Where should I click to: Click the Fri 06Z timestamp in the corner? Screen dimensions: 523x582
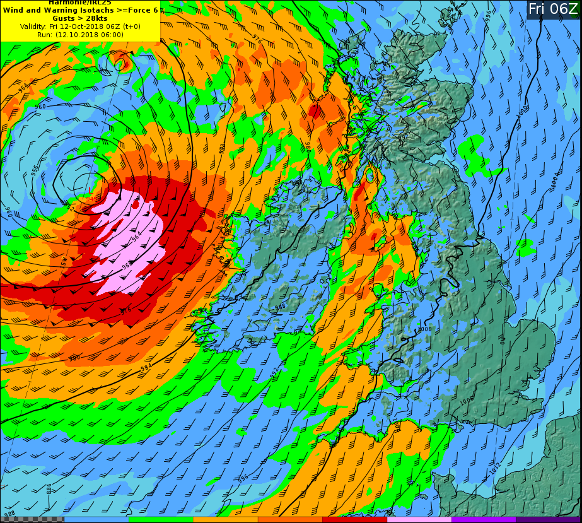pos(552,9)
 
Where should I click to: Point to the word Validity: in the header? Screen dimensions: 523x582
pos(33,26)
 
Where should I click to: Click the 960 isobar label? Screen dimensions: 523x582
pos(40,107)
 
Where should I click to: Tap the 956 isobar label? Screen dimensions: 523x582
pos(34,170)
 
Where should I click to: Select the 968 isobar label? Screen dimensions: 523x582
pos(126,266)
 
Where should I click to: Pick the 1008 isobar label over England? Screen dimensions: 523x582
pos(466,401)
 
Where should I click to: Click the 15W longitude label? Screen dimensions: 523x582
pos(64,260)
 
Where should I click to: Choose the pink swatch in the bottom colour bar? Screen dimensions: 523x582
pos(419,520)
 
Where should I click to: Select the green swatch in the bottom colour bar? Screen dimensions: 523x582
pos(161,520)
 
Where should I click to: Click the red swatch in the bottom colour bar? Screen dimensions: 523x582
pos(354,520)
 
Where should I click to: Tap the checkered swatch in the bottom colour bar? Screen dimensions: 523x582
pos(32,520)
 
